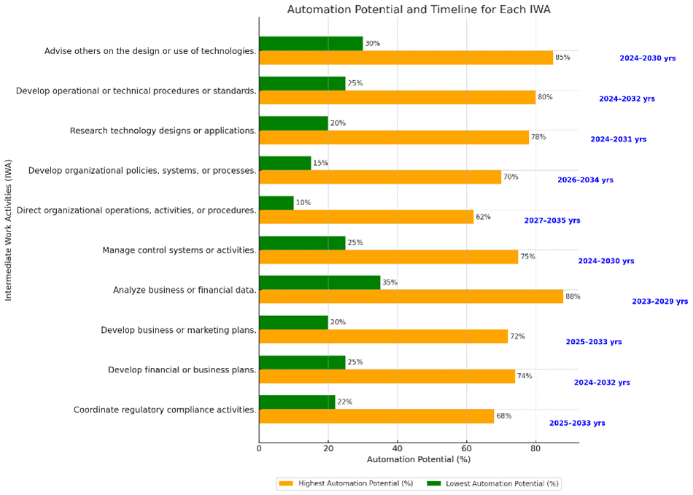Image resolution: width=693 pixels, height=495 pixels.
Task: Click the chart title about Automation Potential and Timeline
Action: pos(418,9)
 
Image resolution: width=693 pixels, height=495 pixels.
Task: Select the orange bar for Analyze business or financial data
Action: pos(411,296)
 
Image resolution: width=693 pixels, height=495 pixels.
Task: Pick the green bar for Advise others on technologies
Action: pos(311,44)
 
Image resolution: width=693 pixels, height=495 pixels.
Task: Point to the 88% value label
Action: pos(573,296)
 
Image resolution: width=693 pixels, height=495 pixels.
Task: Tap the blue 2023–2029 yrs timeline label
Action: pos(659,301)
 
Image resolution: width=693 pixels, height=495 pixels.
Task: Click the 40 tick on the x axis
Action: pos(397,448)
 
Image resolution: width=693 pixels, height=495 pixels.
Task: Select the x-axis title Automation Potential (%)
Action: pos(418,459)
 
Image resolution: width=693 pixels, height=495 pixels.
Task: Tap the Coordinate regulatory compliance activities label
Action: pos(165,410)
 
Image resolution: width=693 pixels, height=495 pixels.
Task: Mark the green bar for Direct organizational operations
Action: pos(276,203)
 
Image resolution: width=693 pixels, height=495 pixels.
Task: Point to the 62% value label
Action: pos(483,217)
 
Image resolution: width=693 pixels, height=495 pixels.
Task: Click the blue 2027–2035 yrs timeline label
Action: pos(552,220)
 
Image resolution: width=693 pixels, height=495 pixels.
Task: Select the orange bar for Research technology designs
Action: pos(394,137)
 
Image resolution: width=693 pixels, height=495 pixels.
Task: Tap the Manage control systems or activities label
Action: pos(179,250)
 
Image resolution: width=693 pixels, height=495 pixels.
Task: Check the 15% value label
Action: pos(320,163)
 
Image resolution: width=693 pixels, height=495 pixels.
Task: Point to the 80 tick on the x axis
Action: pos(535,448)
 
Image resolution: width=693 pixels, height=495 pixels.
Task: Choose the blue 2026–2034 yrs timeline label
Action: pos(585,180)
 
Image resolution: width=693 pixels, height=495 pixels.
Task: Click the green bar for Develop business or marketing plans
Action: pos(293,323)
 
